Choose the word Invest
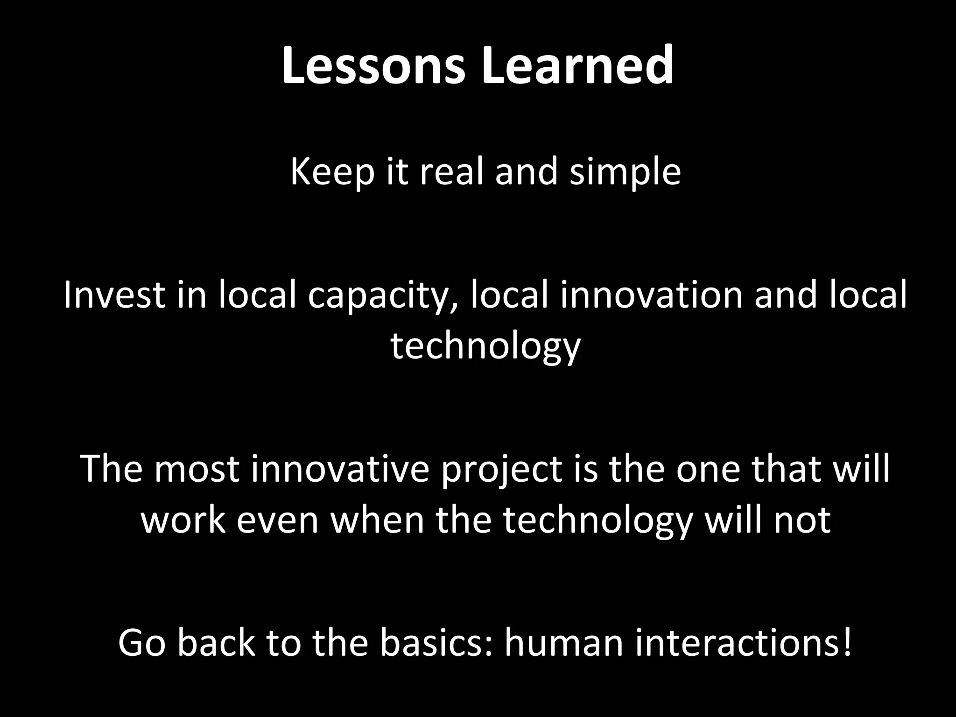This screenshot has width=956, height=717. (114, 295)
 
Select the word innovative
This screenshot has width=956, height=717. (339, 469)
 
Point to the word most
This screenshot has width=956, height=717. (197, 469)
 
